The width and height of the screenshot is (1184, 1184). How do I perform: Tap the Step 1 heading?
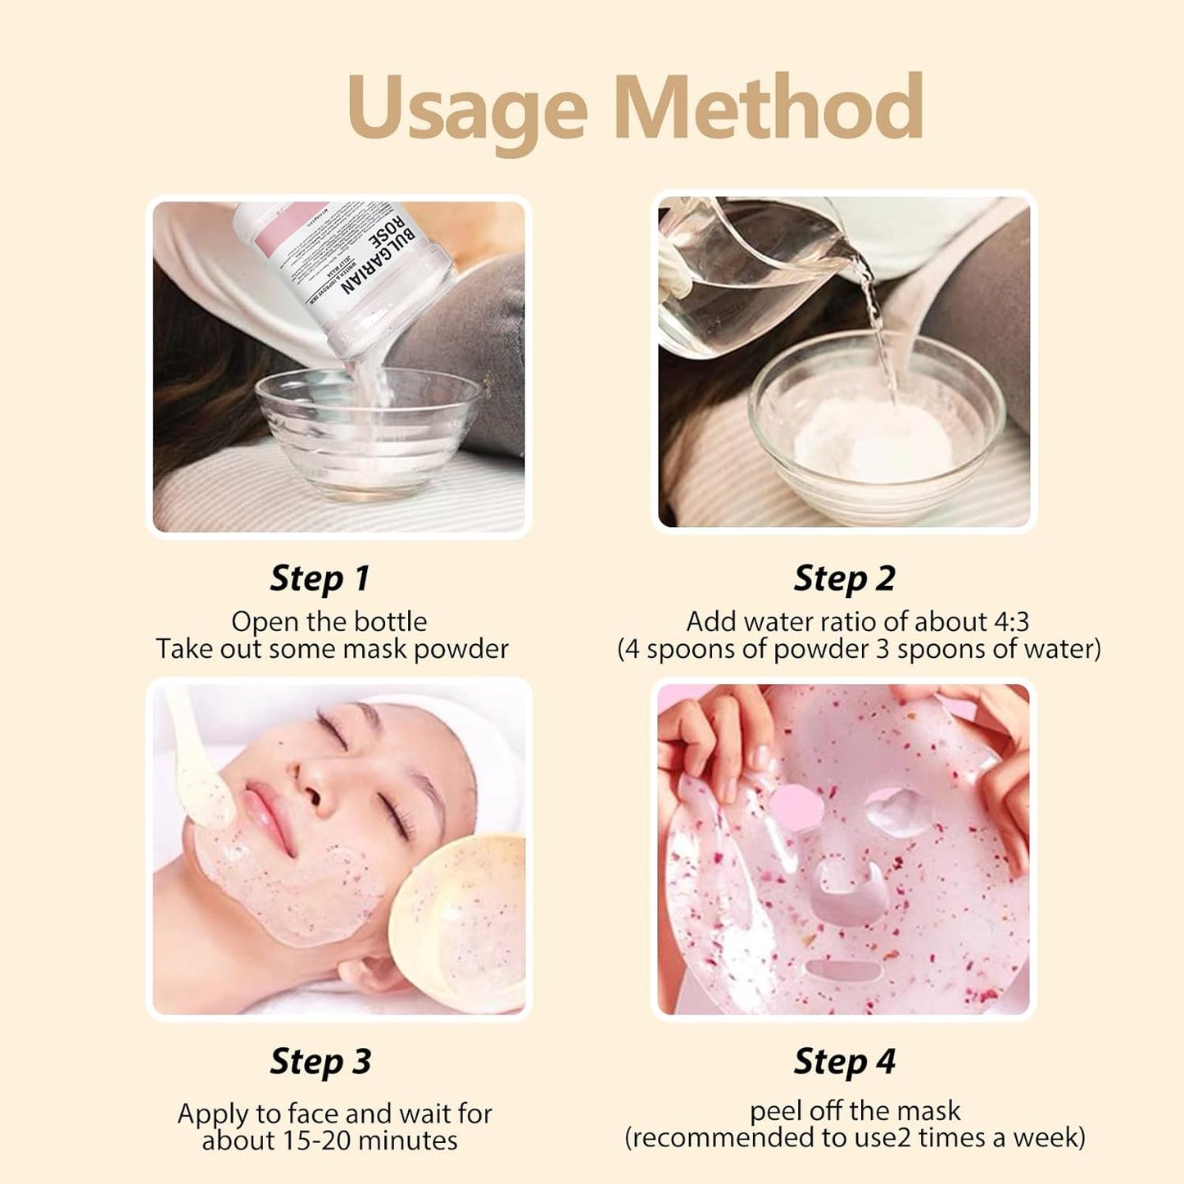pyautogui.click(x=320, y=578)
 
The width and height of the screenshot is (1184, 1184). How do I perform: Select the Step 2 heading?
pyautogui.click(x=844, y=578)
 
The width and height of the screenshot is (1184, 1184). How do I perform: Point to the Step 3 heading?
pyautogui.click(x=320, y=1061)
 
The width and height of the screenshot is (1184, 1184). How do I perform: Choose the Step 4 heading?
pyautogui.click(x=844, y=1061)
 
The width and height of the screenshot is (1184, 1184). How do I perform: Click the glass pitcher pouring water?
pyautogui.click(x=737, y=270)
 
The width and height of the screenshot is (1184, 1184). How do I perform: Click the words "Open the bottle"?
pyautogui.click(x=329, y=622)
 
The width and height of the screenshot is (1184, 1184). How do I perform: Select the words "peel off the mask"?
pyautogui.click(x=855, y=1111)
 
